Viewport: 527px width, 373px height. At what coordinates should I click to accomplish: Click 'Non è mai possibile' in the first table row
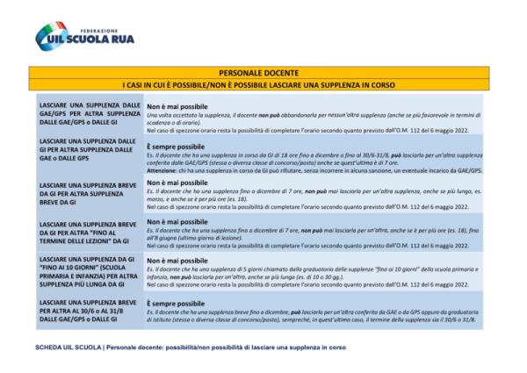[177, 106]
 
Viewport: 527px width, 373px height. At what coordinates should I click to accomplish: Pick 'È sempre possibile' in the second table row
[177, 144]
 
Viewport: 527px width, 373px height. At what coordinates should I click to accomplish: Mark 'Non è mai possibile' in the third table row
[177, 183]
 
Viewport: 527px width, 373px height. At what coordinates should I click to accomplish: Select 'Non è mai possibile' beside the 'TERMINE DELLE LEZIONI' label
[177, 221]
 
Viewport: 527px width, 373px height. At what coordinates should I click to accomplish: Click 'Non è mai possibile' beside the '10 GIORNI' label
[177, 261]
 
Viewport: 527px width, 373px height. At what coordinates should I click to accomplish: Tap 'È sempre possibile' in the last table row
[177, 301]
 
